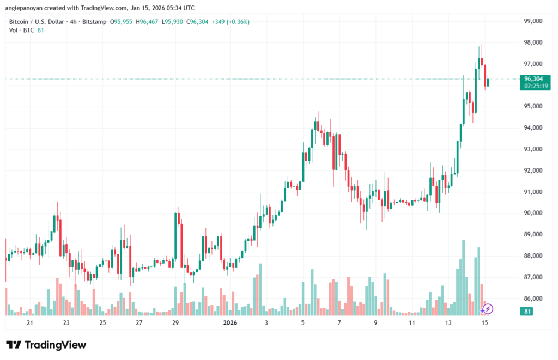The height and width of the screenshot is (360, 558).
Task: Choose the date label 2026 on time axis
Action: (x=229, y=323)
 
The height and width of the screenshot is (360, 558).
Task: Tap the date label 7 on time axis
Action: (x=339, y=323)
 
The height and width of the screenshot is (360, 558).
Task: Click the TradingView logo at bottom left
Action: (x=46, y=345)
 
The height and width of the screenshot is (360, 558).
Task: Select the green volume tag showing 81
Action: (x=526, y=312)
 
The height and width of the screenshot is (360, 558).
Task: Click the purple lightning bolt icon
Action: (x=488, y=309)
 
